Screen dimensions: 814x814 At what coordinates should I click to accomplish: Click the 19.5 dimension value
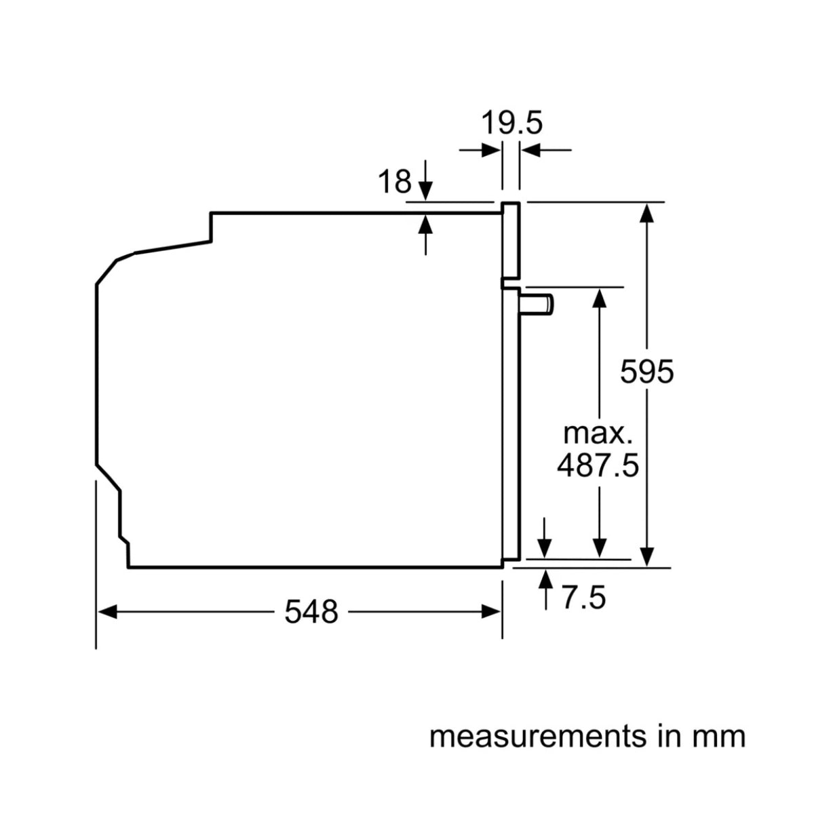[512, 123]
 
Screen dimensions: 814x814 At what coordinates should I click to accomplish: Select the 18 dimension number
[394, 182]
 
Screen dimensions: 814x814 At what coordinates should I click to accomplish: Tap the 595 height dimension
[647, 372]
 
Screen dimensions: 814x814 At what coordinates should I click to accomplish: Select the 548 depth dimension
[311, 613]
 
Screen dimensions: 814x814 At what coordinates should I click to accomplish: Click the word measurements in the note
[536, 736]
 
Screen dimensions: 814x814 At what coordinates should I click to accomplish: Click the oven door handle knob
[538, 304]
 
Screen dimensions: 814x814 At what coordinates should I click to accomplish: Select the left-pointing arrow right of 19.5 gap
[531, 151]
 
